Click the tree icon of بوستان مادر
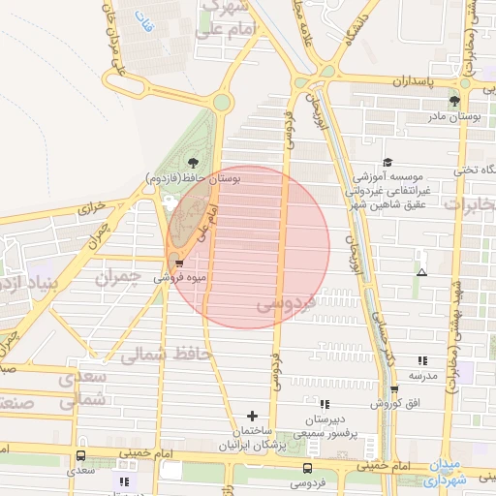(x=453, y=100)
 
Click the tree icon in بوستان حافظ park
(x=193, y=162)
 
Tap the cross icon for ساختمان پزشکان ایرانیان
(x=253, y=416)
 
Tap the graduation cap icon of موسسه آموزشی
(x=387, y=162)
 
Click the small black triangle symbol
(x=420, y=272)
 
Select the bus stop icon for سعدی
(x=80, y=455)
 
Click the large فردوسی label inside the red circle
(x=287, y=305)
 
